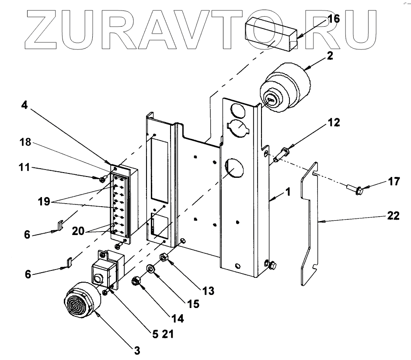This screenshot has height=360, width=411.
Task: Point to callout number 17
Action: tap(394, 181)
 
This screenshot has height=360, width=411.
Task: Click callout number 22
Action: tap(394, 216)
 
